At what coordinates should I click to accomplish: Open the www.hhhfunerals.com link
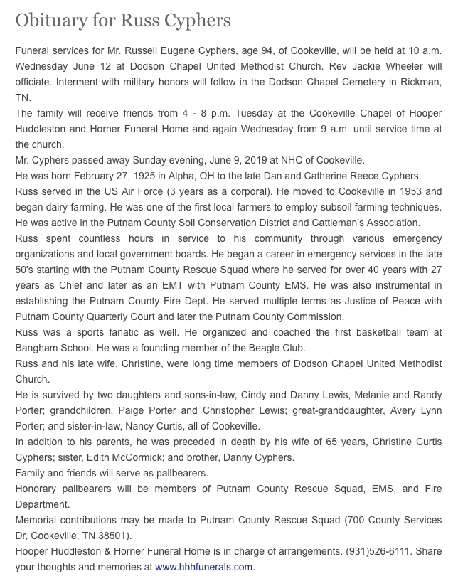click(x=203, y=567)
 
